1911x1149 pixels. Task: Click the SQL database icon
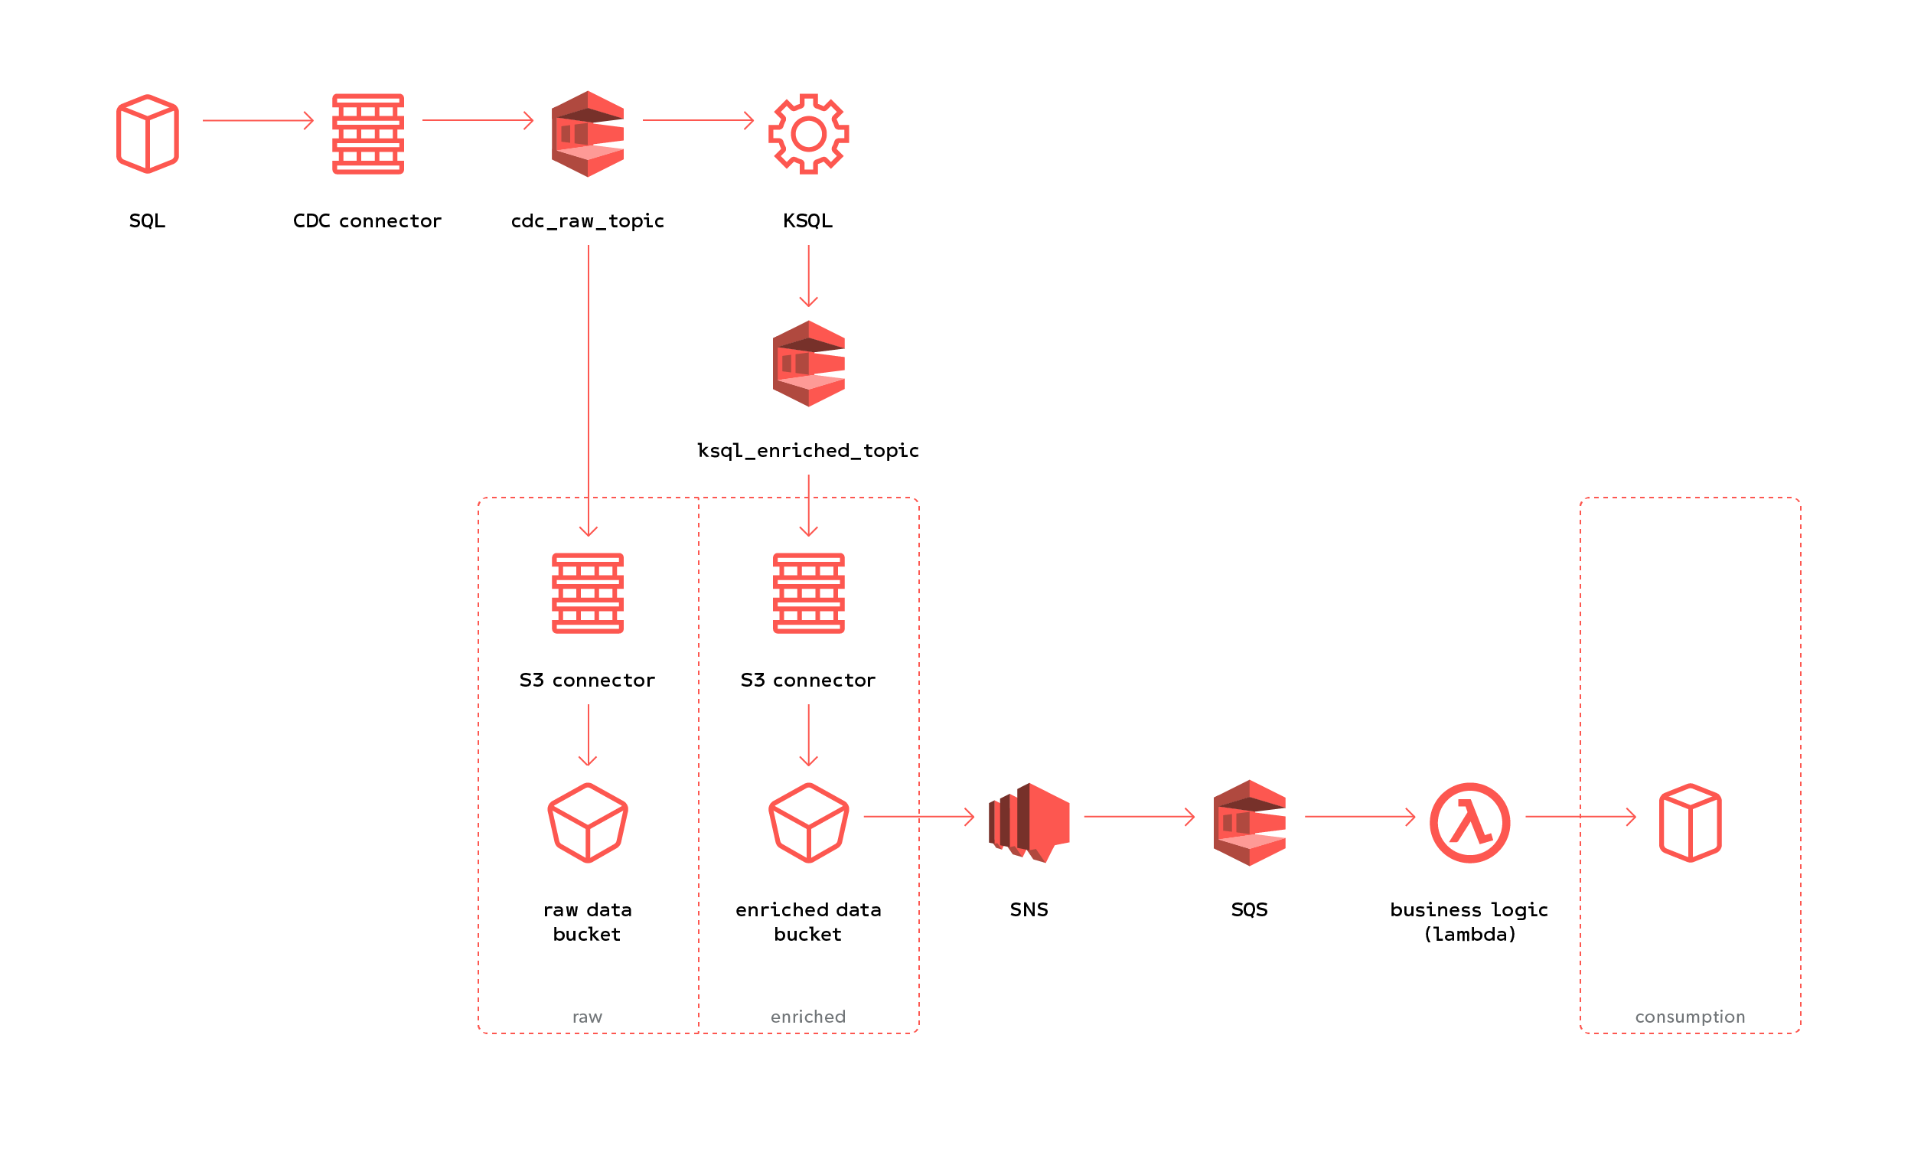click(147, 134)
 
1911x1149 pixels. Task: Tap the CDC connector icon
click(367, 134)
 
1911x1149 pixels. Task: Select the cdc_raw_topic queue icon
click(588, 134)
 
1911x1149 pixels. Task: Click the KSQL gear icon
click(808, 134)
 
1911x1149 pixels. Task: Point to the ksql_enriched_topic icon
click(808, 363)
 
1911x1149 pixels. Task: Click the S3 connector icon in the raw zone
click(588, 593)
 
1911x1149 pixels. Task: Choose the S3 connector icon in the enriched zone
click(808, 593)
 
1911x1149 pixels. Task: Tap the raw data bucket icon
click(588, 822)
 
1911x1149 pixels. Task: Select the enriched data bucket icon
click(808, 822)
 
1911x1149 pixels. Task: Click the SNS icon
click(1029, 822)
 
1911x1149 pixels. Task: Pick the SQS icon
click(1248, 822)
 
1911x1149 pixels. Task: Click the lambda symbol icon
click(1469, 822)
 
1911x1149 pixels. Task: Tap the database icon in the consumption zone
click(1690, 822)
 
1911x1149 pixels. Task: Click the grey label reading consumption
click(1690, 1017)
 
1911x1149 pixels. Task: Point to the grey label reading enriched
click(808, 1017)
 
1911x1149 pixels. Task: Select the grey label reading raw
click(587, 1017)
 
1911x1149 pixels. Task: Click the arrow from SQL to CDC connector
click(258, 121)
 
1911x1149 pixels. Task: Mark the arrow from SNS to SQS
click(1139, 816)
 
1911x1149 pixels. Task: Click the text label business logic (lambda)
click(1469, 922)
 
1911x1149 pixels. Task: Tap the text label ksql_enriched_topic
click(808, 451)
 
